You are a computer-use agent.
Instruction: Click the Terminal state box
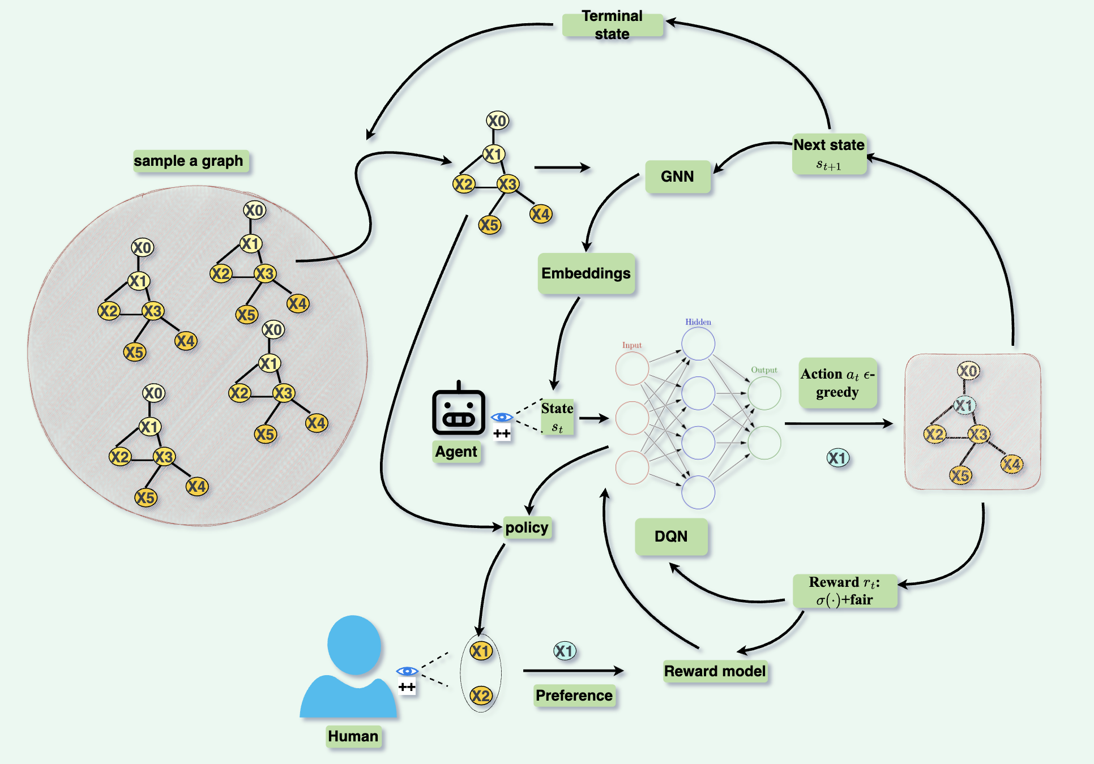612,25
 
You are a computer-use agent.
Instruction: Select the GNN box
677,177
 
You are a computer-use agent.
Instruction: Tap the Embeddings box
586,273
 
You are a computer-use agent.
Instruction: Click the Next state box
829,153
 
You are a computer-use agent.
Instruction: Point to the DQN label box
671,536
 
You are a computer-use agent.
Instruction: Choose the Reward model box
715,671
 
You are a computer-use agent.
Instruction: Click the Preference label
574,695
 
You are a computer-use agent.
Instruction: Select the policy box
527,527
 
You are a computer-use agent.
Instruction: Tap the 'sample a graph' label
189,161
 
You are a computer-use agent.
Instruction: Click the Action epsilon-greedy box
837,383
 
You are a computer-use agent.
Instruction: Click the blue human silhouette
351,668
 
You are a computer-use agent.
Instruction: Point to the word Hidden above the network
698,322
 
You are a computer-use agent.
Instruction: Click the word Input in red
632,345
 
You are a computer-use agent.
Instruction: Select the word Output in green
764,370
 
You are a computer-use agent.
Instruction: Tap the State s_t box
557,417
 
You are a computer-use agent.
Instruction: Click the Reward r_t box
844,591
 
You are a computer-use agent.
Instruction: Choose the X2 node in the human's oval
481,695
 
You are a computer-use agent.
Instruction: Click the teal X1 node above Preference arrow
565,651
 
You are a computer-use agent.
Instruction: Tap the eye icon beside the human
407,671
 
